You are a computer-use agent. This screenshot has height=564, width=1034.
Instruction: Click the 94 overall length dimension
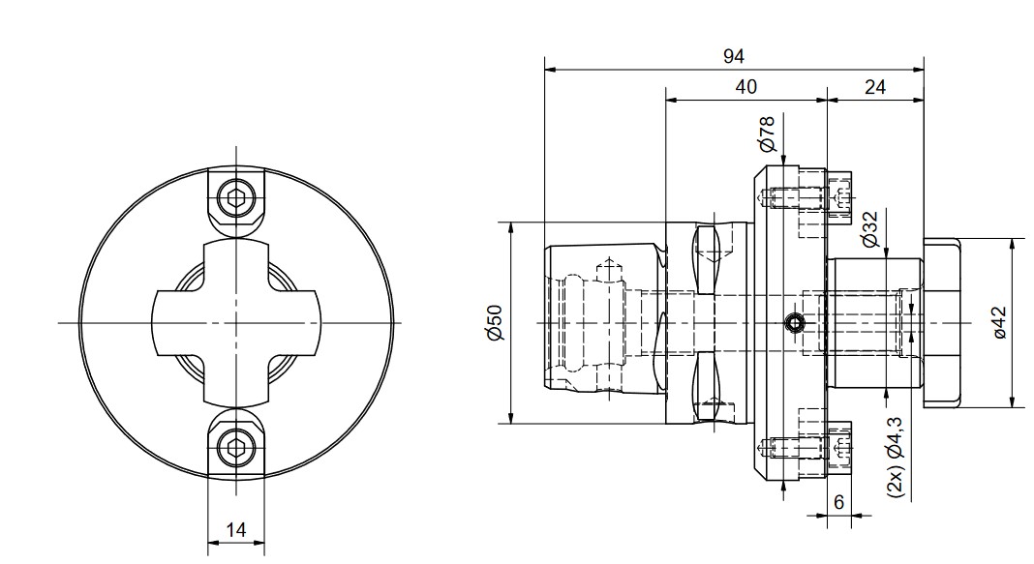733,57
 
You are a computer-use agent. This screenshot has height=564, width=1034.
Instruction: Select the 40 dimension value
745,87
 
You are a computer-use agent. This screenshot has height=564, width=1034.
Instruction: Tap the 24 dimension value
874,87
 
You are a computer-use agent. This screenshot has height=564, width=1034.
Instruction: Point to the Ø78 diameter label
766,134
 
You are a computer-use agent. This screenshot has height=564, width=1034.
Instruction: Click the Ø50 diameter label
495,323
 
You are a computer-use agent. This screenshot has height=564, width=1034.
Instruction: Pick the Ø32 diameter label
869,229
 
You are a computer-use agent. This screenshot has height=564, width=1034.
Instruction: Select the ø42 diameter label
1000,323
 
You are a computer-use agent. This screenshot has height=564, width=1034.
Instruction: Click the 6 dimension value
838,502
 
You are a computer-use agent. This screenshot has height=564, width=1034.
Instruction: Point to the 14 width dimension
235,530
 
